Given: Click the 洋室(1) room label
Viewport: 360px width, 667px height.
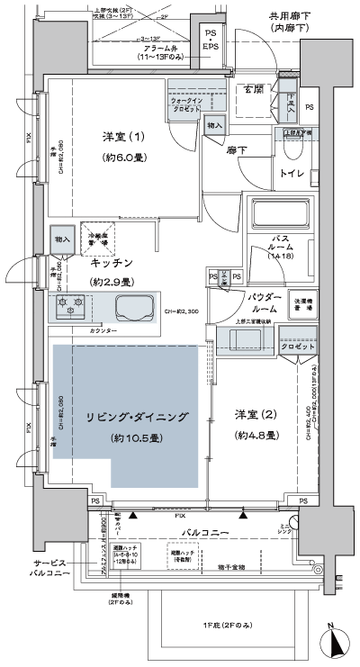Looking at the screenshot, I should [x=121, y=138].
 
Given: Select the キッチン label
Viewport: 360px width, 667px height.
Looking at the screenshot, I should [x=112, y=263].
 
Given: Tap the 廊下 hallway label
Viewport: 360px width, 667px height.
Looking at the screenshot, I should [x=237, y=151].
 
